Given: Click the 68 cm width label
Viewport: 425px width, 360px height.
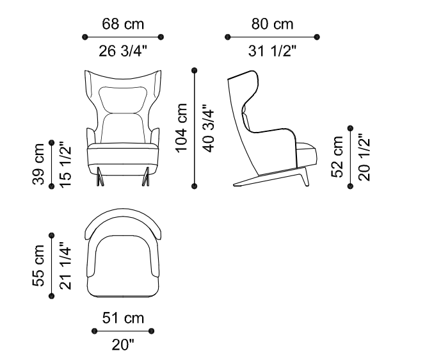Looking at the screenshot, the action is click(123, 24).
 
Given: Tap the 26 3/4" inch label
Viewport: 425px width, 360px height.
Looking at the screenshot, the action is click(123, 51).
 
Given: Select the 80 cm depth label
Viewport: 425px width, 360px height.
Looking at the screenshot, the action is click(272, 24).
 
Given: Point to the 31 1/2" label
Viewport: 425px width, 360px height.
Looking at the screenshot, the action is click(272, 51).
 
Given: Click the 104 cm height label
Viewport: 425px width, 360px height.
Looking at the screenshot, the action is click(182, 128).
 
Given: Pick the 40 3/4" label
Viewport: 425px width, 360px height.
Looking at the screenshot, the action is click(209, 128).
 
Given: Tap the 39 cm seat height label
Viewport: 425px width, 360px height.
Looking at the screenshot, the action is click(38, 165).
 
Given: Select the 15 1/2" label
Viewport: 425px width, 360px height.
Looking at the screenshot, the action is click(65, 165).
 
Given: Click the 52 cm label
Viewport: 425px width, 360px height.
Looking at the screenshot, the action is click(337, 157).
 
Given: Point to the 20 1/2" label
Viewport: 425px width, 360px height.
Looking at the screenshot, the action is click(364, 157).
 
